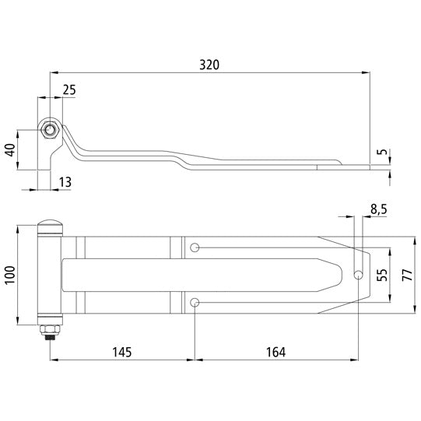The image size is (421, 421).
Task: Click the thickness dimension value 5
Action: (381, 153)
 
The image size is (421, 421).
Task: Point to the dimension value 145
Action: (121, 352)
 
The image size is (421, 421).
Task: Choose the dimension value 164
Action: (275, 352)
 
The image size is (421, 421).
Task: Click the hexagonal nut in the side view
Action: (50, 130)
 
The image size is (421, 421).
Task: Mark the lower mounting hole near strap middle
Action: (195, 302)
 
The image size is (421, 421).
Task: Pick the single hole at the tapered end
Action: (359, 274)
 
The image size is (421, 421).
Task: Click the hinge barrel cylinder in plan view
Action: (50, 274)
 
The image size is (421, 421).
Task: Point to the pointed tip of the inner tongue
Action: (343, 274)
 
